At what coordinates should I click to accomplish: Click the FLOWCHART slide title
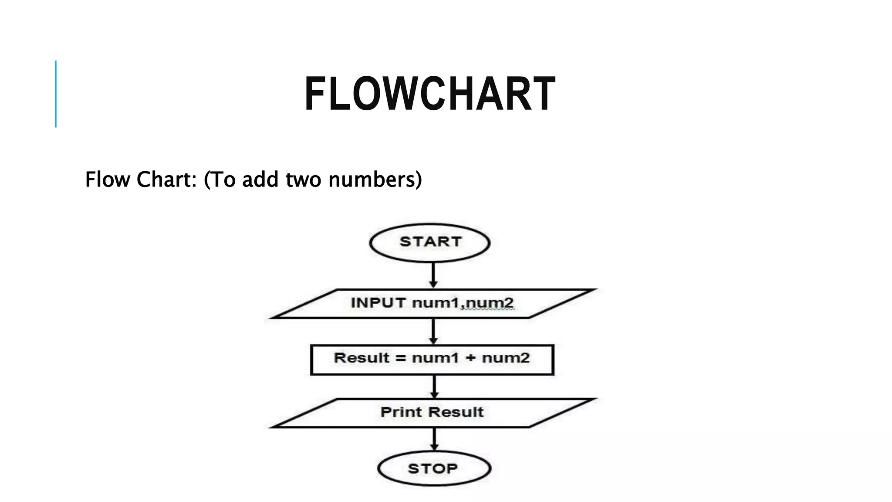point(429,94)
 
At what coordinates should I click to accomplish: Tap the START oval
point(430,242)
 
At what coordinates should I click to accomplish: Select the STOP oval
point(434,468)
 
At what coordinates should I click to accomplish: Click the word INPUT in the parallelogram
point(378,302)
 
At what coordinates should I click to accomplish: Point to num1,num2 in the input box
point(463,302)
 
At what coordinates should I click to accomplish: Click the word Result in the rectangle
point(361,358)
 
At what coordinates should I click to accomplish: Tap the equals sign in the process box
point(400,358)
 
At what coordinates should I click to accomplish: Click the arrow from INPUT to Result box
point(433,332)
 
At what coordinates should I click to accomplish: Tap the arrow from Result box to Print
point(434,387)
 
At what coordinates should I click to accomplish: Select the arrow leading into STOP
point(434,439)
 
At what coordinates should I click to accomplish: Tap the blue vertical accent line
point(56,94)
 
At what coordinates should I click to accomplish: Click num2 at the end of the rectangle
point(506,358)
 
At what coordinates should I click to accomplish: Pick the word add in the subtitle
point(260,180)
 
